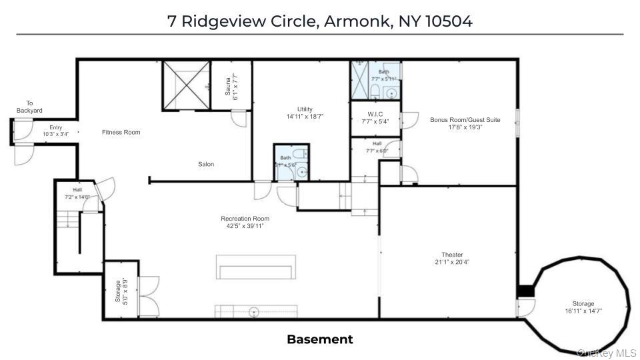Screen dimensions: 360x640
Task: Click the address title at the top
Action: (x=320, y=21)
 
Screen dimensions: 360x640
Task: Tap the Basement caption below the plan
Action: (x=320, y=339)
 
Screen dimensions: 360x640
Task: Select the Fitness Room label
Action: (x=121, y=132)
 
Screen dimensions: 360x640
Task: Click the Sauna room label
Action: (x=231, y=86)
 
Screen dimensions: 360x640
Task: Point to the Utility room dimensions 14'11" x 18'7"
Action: (x=304, y=116)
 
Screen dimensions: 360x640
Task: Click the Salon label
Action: (x=206, y=164)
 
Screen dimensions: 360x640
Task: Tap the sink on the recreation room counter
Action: (x=253, y=311)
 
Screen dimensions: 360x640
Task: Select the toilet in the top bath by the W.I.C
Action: (x=375, y=91)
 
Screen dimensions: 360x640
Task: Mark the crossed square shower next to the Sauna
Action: (x=185, y=85)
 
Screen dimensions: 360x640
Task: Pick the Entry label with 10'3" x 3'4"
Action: (x=56, y=131)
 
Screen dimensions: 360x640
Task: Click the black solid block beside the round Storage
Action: (x=526, y=292)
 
